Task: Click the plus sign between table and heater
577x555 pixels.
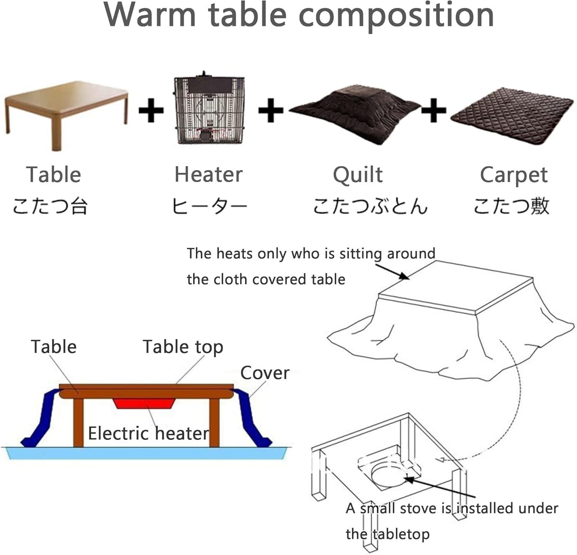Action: point(151,110)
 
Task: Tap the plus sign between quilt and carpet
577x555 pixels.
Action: point(434,110)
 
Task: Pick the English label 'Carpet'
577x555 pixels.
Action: point(514,175)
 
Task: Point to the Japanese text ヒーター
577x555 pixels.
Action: point(209,206)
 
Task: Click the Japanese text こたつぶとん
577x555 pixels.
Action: point(370,206)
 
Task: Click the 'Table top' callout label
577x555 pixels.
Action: point(183,347)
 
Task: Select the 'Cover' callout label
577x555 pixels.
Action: point(265,373)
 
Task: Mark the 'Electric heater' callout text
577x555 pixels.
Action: point(148,433)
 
